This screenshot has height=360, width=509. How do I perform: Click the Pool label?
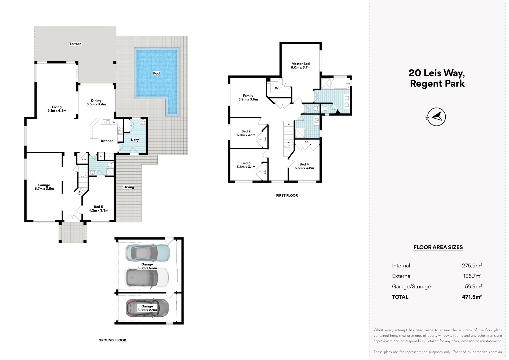coord(157,73)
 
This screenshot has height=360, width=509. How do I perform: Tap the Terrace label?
coord(75,44)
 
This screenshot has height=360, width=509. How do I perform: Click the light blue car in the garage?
coord(147,253)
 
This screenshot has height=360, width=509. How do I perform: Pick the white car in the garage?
coord(147,277)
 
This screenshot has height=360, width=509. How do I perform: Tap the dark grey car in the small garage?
coord(147,308)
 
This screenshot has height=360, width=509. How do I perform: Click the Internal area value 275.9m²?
coord(472,266)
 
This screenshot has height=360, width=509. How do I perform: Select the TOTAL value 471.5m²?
coord(472,297)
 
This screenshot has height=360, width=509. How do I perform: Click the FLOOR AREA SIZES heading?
coord(438,247)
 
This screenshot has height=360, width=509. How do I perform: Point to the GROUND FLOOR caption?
coord(112,340)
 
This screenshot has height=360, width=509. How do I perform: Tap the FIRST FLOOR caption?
coord(287,196)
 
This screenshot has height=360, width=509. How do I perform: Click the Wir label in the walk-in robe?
coord(278,88)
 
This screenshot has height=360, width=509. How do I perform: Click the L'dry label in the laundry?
coord(135,140)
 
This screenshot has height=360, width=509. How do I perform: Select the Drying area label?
coord(129,187)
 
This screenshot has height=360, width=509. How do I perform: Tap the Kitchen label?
coord(107,141)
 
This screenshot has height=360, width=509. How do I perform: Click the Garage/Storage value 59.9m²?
coord(473,287)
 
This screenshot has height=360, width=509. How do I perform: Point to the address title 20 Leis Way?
coord(437,73)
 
